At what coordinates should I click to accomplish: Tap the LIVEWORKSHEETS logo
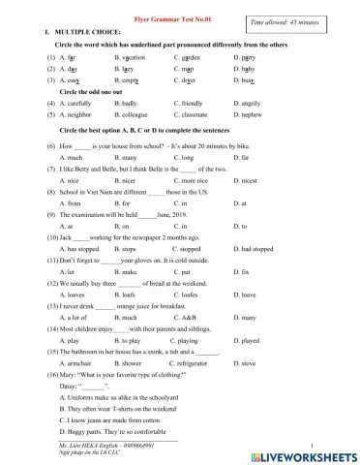[x=310, y=453]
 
